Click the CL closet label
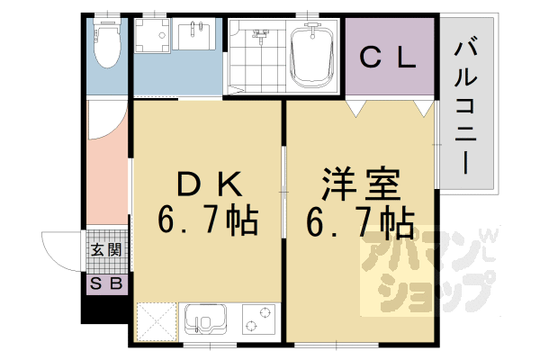point(388,58)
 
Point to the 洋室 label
point(360,184)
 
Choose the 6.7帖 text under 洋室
point(360,218)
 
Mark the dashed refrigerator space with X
point(155,322)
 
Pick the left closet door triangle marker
point(357,107)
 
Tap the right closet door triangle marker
point(421,107)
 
